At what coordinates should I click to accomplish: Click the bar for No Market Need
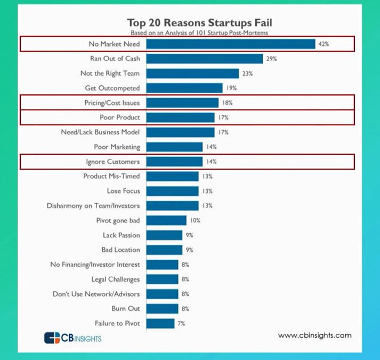tap(230, 44)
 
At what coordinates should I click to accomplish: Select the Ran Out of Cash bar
tap(204, 59)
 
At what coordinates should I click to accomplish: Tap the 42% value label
tap(324, 44)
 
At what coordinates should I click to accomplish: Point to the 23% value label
tap(247, 74)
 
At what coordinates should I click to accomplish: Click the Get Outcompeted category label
tap(112, 88)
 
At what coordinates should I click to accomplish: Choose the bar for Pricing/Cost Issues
tap(182, 102)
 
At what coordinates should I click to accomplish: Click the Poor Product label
tap(120, 117)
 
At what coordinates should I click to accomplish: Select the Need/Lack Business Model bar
tap(180, 132)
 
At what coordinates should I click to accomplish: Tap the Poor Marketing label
tap(117, 147)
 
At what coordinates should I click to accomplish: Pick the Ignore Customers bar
tap(174, 161)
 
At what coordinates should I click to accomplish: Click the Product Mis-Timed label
tap(112, 176)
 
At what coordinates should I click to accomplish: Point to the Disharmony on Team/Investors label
tap(93, 205)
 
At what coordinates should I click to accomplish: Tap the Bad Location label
tap(121, 250)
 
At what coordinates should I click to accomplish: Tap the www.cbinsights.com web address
tap(314, 335)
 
